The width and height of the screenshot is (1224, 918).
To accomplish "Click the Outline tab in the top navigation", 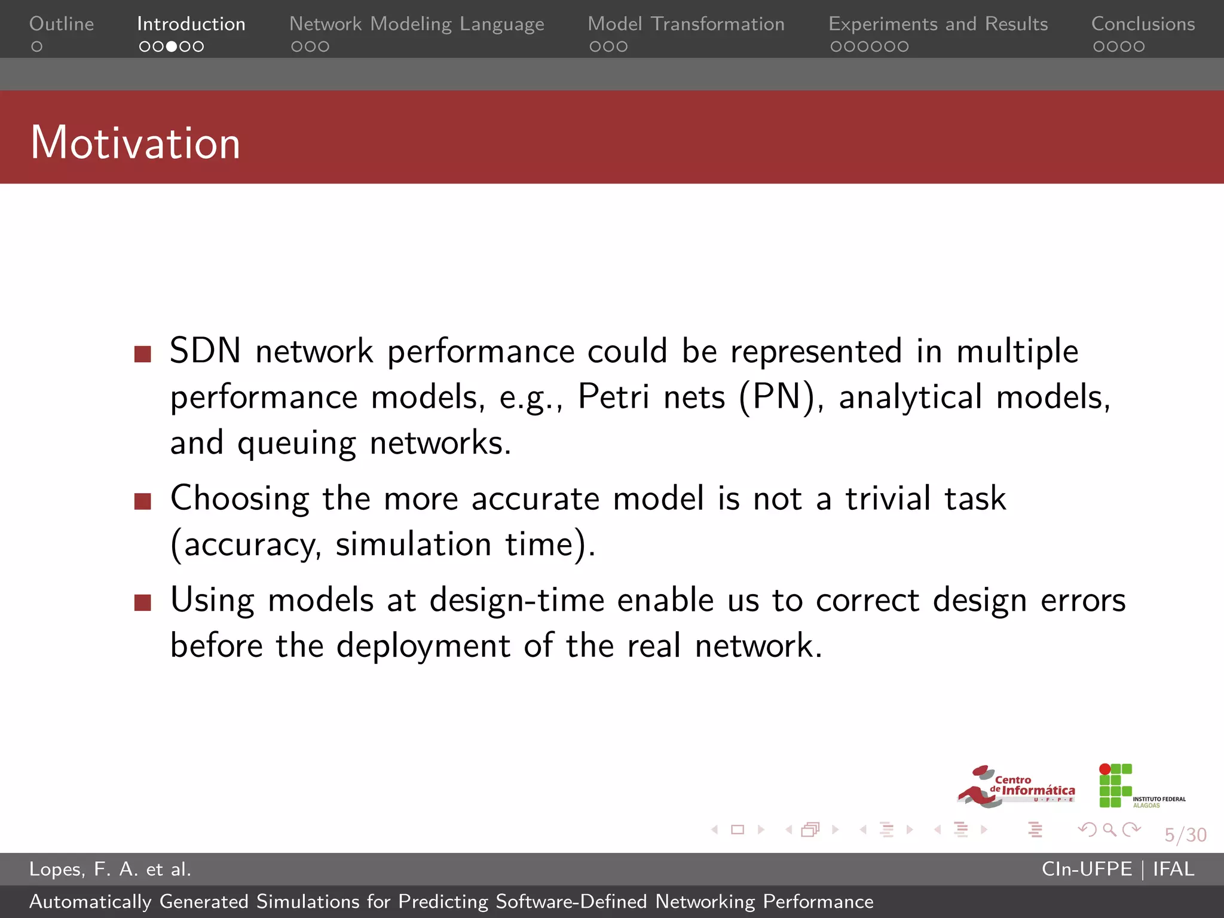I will (62, 24).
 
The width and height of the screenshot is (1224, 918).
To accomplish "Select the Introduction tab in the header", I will (191, 24).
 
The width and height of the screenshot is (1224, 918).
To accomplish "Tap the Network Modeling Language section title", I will (417, 24).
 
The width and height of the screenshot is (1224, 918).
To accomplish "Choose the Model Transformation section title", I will (686, 24).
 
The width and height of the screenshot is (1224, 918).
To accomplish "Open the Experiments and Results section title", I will (938, 24).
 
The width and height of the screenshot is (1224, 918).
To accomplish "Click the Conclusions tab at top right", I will (1143, 24).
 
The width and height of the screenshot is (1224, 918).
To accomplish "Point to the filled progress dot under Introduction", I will (172, 47).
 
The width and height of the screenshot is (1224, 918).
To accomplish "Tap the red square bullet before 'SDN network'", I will (143, 354).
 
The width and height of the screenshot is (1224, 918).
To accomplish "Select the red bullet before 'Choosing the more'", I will (143, 501).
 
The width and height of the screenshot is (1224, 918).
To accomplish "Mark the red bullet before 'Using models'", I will (143, 602).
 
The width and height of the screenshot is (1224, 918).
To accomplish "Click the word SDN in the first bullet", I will (205, 351).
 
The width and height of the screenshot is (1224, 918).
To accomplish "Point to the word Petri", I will (613, 396).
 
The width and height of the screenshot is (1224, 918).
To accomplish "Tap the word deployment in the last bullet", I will (423, 645).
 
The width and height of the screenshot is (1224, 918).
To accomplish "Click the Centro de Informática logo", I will (1016, 787).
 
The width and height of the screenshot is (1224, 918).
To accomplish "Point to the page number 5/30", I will (1185, 834).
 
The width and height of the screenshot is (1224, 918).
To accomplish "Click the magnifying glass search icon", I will (1109, 830).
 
